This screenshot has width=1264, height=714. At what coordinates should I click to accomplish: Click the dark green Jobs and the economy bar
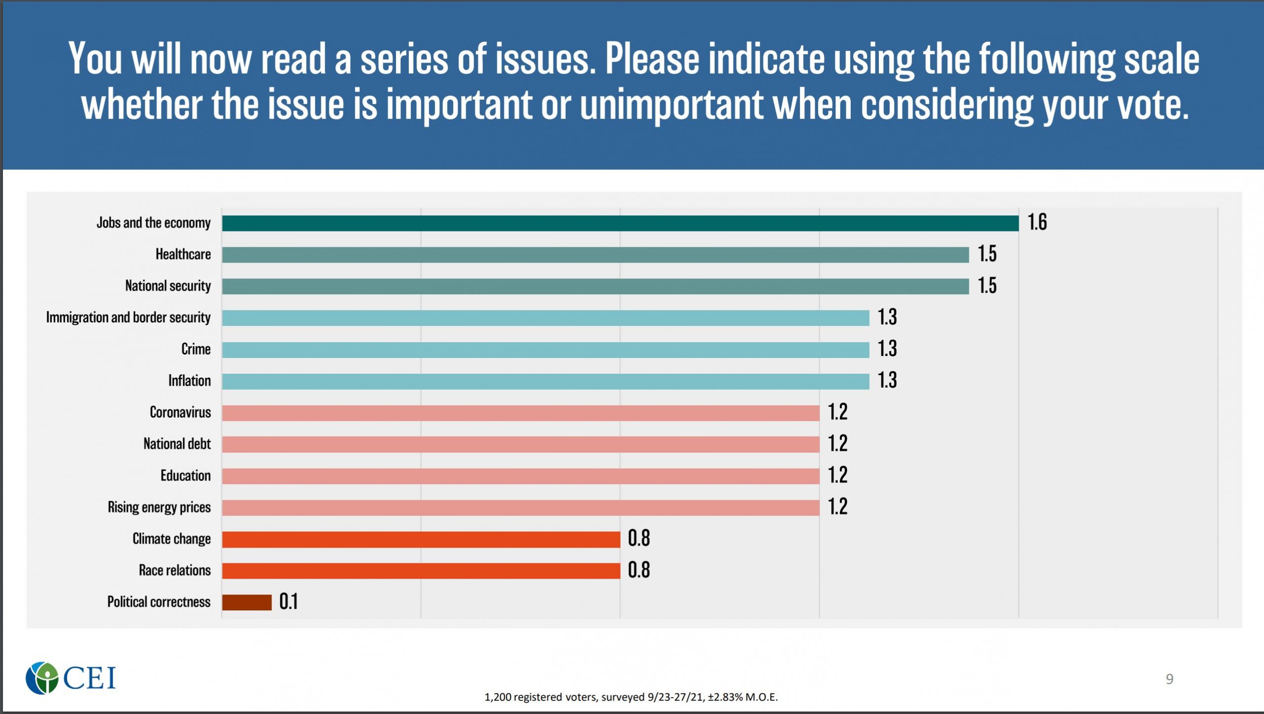[x=620, y=223]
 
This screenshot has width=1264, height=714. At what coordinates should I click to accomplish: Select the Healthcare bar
[x=595, y=255]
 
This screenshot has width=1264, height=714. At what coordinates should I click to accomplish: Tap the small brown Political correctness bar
[x=246, y=602]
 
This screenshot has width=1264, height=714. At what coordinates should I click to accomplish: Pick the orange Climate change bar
[x=421, y=539]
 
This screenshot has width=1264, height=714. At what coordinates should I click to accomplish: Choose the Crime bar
[x=545, y=350]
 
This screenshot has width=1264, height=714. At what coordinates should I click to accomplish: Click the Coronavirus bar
[x=520, y=413]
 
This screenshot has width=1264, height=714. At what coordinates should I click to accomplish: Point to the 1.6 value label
[x=1037, y=222]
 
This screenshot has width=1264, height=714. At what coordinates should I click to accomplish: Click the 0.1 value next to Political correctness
[x=288, y=601]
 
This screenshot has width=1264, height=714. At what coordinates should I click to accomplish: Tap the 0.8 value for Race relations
[x=638, y=570]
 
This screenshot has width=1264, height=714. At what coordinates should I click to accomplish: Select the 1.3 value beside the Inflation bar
[x=887, y=380]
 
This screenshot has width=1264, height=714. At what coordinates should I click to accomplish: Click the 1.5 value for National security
[x=987, y=286]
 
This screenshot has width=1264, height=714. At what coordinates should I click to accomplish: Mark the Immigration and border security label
[x=128, y=317]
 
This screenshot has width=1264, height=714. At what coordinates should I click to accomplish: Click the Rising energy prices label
[x=159, y=507]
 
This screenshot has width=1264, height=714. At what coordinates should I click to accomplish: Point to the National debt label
[x=177, y=444]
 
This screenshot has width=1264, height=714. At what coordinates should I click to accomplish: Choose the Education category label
[x=185, y=476]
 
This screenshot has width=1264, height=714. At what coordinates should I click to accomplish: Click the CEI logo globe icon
[x=42, y=677]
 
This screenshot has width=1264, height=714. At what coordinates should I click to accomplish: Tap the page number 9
[x=1169, y=679]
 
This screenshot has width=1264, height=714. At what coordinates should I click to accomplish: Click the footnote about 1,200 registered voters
[x=631, y=697]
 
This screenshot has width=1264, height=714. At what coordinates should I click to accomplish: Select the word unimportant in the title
[x=671, y=105]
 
